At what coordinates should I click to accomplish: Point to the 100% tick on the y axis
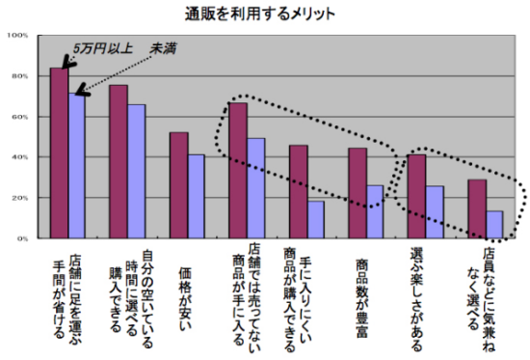pyautogui.click(x=18, y=36)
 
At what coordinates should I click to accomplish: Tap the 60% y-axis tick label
pyautogui.click(x=20, y=117)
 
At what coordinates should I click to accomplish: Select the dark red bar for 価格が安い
pyautogui.click(x=179, y=185)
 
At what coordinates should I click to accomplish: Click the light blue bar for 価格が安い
pyautogui.click(x=197, y=196)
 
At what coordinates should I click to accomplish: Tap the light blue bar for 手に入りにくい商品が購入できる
pyautogui.click(x=316, y=219)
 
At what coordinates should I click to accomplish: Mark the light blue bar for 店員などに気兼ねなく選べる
pyautogui.click(x=495, y=224)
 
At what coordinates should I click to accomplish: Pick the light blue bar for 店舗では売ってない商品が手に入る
pyautogui.click(x=256, y=188)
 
